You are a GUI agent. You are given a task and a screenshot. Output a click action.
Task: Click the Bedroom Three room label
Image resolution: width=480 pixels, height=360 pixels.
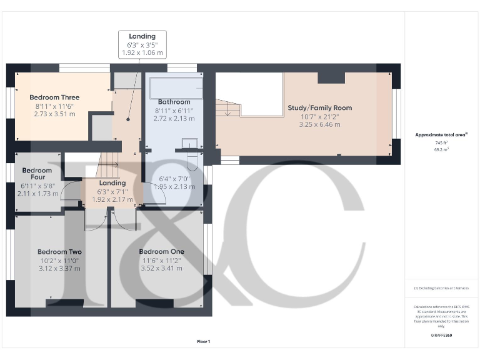pyautogui.click(x=54, y=97)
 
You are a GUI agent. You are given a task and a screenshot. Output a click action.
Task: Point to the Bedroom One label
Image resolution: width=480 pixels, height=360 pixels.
pyautogui.click(x=161, y=251)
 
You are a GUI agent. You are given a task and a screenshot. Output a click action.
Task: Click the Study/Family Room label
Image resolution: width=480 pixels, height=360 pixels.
pyautogui.click(x=319, y=108)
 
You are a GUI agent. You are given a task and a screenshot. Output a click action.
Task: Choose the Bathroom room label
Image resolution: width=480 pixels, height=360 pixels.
pyautogui.click(x=174, y=102)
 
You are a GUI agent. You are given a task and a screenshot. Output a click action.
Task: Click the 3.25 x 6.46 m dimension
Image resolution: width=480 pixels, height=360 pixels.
pyautogui.click(x=319, y=124)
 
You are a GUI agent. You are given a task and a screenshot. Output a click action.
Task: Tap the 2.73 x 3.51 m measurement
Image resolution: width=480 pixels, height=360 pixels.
pyautogui.click(x=54, y=114)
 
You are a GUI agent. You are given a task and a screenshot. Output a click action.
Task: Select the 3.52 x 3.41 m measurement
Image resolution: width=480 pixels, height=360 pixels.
pyautogui.click(x=161, y=268)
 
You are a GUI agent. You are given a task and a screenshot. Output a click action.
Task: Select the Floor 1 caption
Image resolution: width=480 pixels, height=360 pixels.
pyautogui.click(x=203, y=341)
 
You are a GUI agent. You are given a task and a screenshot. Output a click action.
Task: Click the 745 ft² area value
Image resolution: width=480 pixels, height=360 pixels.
pyautogui.click(x=442, y=143)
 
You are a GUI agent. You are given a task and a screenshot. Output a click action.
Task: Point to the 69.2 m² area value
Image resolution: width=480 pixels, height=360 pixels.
pyautogui.click(x=442, y=150)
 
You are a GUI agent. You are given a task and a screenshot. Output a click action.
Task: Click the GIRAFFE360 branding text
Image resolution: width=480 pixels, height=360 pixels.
pyautogui.click(x=442, y=336)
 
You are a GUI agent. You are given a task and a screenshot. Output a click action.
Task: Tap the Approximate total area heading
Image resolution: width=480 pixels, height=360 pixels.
pyautogui.click(x=441, y=135)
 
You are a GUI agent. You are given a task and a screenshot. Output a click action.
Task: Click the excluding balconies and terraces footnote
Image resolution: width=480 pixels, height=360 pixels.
pyautogui.click(x=442, y=288)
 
